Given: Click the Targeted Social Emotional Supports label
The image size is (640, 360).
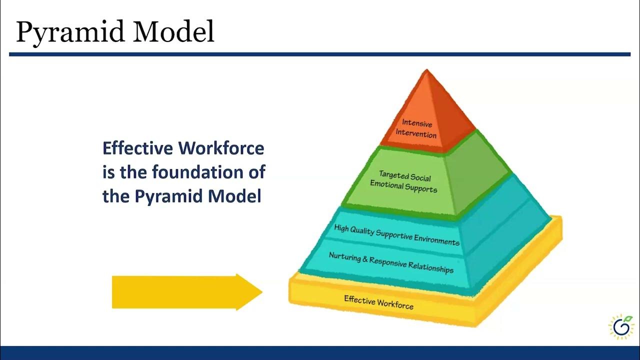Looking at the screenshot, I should click(404, 182).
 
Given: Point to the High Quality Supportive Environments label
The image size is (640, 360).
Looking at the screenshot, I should click(396, 235).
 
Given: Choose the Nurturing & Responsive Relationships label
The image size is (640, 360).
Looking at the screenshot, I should click(391, 262).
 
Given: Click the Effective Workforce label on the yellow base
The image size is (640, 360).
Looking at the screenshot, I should click(378, 302).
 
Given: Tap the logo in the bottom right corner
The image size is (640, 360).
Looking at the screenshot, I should click(621, 327).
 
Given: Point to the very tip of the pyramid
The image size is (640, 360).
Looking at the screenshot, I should click(426, 71).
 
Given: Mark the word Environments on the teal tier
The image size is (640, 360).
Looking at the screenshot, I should click(434, 239).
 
